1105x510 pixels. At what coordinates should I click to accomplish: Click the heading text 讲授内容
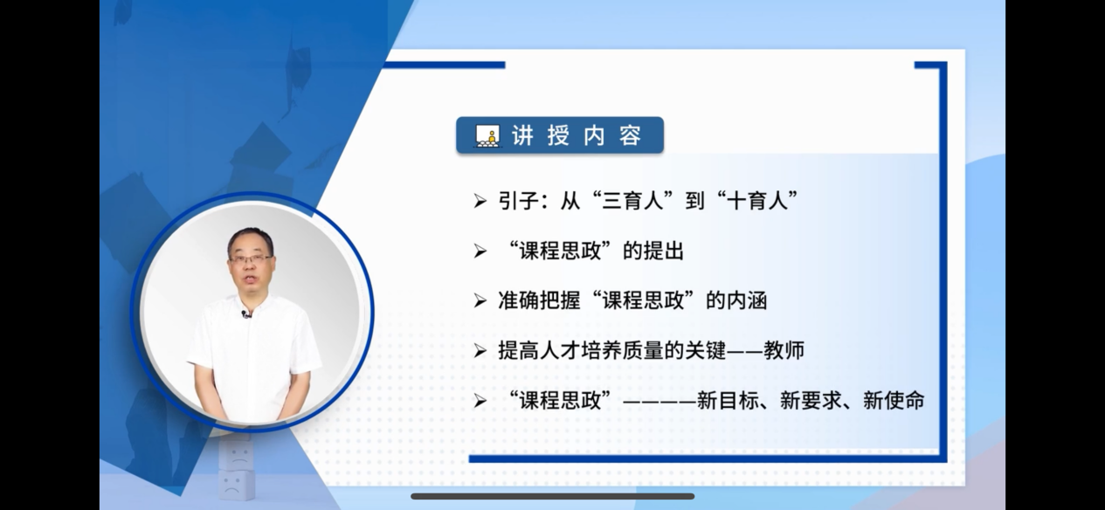click(577, 135)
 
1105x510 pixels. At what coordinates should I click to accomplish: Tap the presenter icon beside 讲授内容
click(487, 135)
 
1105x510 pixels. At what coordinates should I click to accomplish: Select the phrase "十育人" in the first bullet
click(757, 201)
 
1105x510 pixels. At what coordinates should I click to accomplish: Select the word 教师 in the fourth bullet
click(784, 351)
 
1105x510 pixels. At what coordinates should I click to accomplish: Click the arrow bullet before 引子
click(480, 201)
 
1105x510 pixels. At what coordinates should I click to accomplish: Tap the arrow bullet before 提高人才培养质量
click(480, 351)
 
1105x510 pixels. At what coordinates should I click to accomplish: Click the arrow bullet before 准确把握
click(480, 301)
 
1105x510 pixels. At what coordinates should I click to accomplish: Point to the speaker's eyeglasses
click(251, 258)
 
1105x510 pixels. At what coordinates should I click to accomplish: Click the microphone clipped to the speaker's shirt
click(245, 314)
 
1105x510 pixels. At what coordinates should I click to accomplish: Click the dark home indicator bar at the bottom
click(552, 496)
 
